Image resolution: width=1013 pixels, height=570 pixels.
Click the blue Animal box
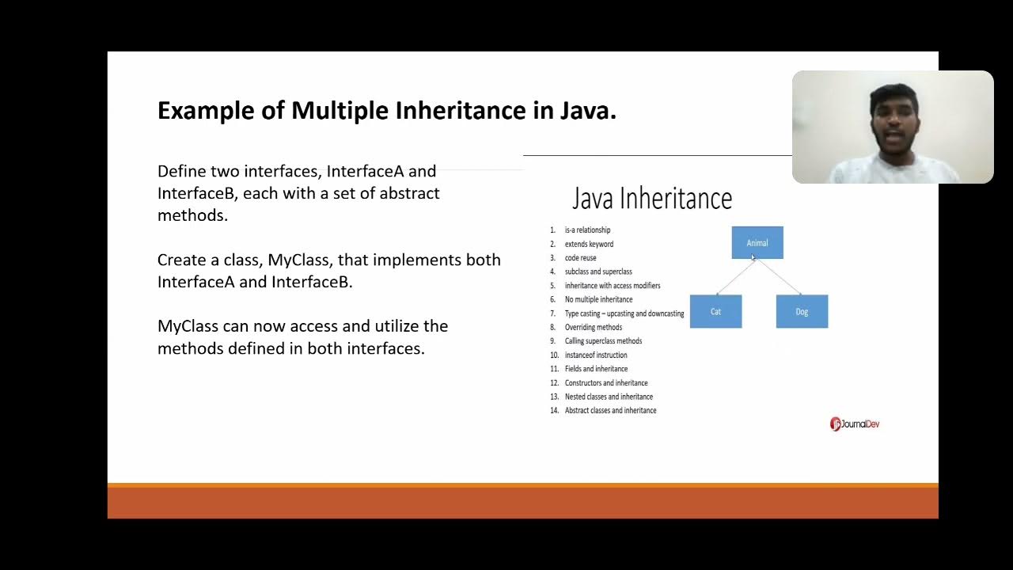[x=757, y=242]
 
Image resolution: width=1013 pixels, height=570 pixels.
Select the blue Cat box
[x=715, y=311]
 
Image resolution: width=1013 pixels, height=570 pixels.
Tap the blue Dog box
[x=802, y=311]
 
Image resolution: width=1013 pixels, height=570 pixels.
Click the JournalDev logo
[x=855, y=424]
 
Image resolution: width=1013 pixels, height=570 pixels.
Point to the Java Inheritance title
[x=652, y=199]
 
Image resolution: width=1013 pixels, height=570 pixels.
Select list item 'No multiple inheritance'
[x=598, y=299]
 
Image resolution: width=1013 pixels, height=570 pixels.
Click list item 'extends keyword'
[x=589, y=244]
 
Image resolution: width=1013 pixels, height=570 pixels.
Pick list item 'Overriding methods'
[x=593, y=327]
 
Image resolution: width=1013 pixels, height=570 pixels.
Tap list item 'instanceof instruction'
[x=596, y=355]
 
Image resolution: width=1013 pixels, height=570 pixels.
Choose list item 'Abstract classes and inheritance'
[x=610, y=410]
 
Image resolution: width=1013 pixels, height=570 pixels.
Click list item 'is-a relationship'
[x=587, y=230]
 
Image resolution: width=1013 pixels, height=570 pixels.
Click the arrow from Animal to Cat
[x=734, y=277]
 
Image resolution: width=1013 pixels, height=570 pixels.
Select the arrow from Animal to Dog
[x=780, y=277]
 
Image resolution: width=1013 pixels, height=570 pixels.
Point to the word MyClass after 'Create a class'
[x=300, y=260]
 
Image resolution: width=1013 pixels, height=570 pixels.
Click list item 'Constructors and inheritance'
[x=606, y=382]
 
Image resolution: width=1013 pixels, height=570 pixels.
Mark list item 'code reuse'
[x=580, y=257]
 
